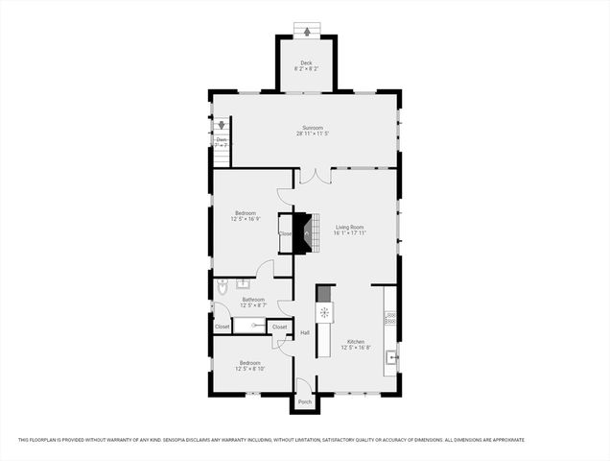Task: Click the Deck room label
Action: [x=306, y=64]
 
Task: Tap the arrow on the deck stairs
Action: [x=307, y=32]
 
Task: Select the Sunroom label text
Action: [x=313, y=128]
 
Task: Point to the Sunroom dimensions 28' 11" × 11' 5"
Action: [x=313, y=134]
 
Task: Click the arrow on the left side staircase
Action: [x=221, y=126]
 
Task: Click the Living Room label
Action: [x=349, y=227]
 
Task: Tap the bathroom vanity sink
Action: [x=244, y=283]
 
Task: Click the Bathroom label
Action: [x=253, y=300]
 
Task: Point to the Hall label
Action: [x=305, y=332]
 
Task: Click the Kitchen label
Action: [x=355, y=341]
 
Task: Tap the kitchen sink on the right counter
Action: [x=391, y=358]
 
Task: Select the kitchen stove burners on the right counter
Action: [x=390, y=315]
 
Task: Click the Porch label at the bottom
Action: [x=305, y=401]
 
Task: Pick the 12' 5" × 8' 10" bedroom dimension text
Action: [x=251, y=369]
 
